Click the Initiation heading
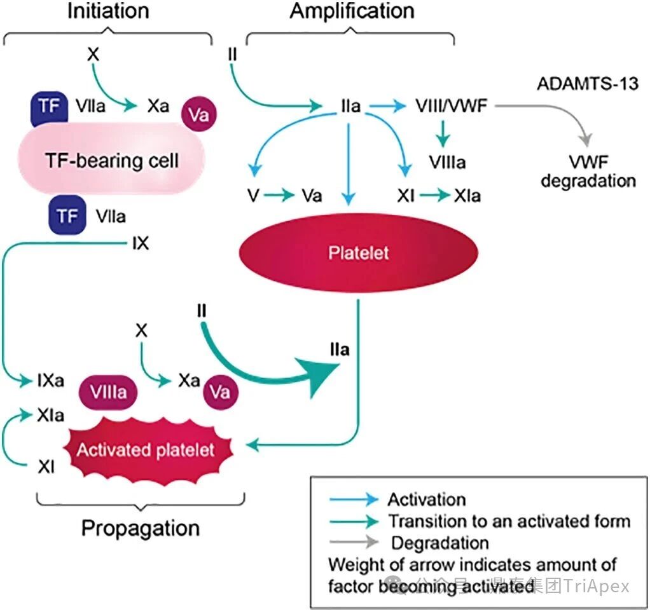108,11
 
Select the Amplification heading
352,11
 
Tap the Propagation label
141,528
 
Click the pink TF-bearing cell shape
112,160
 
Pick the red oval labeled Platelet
358,253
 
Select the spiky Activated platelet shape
146,450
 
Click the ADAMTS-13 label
588,84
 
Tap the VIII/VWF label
451,105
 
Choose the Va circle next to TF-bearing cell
199,114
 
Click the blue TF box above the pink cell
48,107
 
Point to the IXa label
50,382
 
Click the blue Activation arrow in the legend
353,500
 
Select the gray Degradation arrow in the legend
353,543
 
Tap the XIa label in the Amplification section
467,196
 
